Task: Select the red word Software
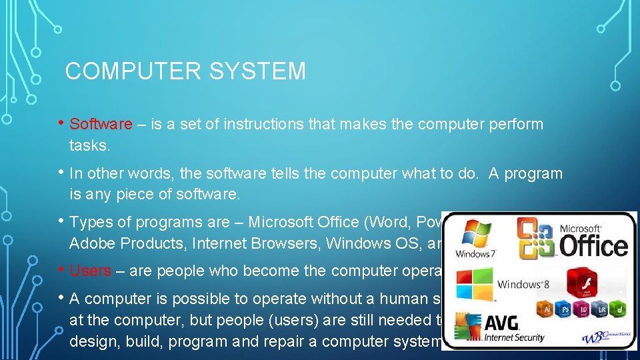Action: (101, 124)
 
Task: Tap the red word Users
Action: (91, 271)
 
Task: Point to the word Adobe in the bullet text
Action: (91, 243)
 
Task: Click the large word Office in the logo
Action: (594, 245)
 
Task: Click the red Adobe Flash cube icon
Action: (586, 283)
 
